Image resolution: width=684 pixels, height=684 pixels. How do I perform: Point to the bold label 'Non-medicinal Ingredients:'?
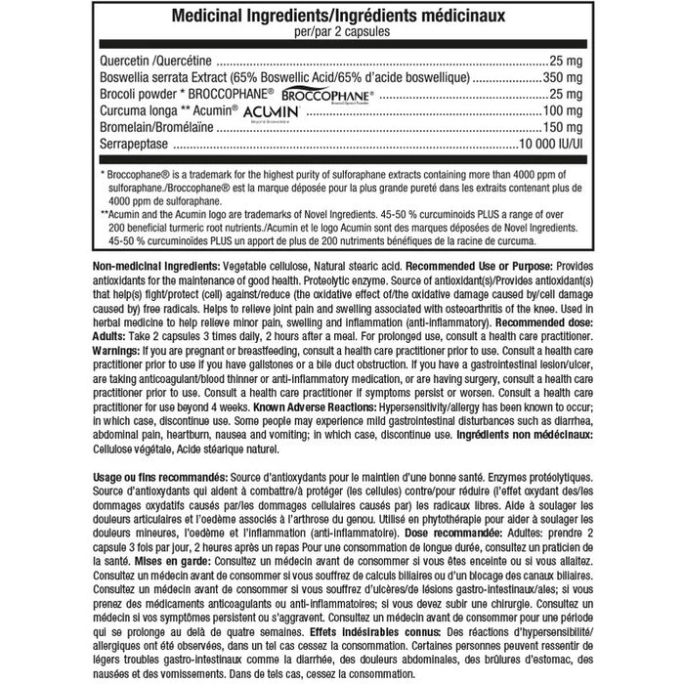pos(155,267)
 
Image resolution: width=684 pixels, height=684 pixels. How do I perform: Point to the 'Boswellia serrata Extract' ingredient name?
pos(172,75)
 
